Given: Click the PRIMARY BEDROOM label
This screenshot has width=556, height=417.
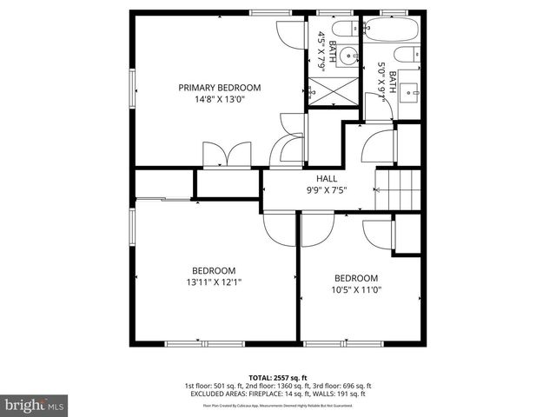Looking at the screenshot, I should coord(220,87).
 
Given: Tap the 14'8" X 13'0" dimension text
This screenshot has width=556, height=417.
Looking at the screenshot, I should coord(220,99).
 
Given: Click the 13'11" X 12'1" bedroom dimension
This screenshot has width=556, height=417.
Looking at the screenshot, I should coord(214,281).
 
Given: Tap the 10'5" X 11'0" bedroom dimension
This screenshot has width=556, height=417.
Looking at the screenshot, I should coord(357,289).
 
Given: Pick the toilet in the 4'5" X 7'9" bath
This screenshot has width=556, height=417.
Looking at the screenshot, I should coord(345,29).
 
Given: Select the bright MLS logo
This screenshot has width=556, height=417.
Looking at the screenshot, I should coord(35,405).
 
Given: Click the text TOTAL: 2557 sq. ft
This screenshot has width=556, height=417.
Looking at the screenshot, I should coord(277,375).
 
